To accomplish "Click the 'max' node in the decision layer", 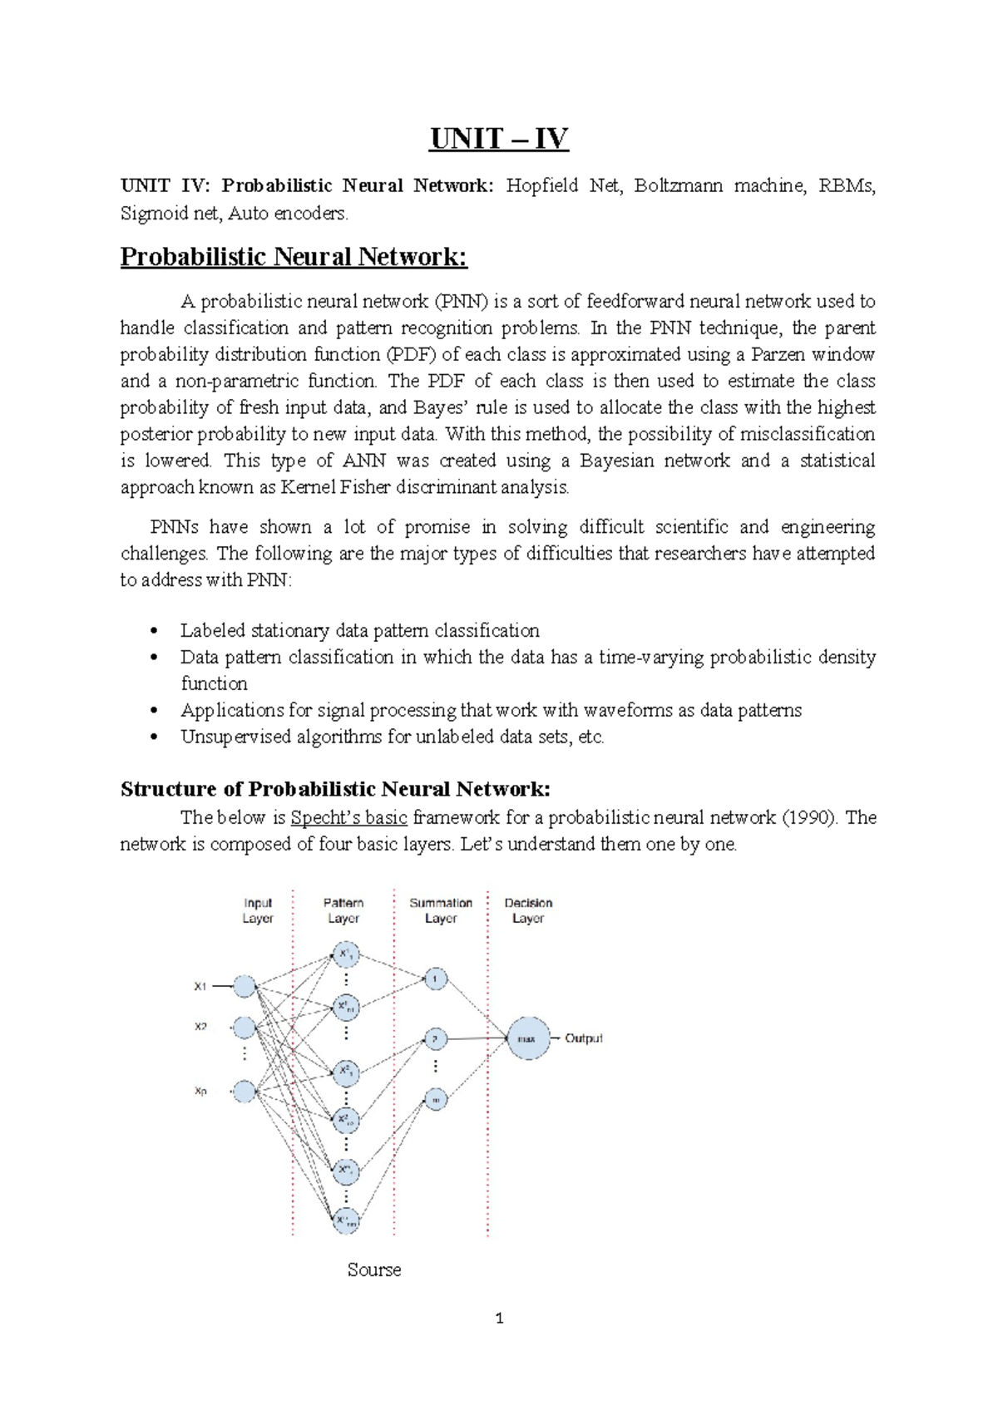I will (x=528, y=1038).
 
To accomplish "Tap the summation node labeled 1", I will (x=436, y=979).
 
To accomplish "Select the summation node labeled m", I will (x=436, y=1099).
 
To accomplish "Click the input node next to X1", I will (x=245, y=987).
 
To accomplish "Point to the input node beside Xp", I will (x=245, y=1091).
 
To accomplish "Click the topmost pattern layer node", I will (x=346, y=954).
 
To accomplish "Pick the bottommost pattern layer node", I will (x=346, y=1220).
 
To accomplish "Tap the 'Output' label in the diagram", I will (x=584, y=1038).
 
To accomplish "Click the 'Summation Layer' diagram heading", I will (x=441, y=910).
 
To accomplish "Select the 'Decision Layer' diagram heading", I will (x=528, y=910).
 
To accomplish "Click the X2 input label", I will (x=200, y=1027).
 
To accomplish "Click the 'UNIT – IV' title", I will (x=499, y=138).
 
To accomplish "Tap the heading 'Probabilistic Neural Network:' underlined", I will (x=294, y=256).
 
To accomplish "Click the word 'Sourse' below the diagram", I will (x=374, y=1269).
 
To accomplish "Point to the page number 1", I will (x=499, y=1319).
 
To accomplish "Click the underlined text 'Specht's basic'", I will (x=349, y=817).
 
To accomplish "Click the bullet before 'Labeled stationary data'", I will (x=153, y=631).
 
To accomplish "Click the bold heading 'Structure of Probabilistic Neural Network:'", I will (x=335, y=789).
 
